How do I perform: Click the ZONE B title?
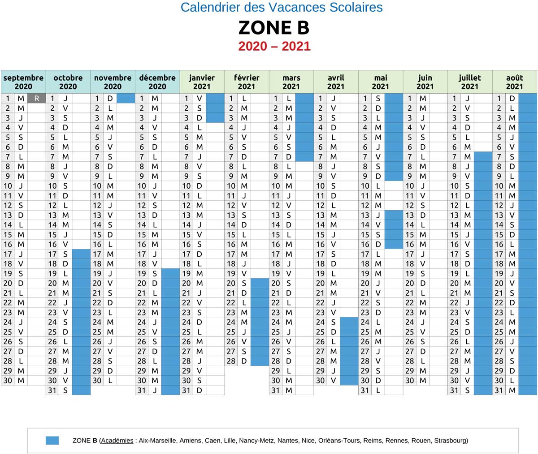pos(273,28)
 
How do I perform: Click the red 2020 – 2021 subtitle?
pos(274,46)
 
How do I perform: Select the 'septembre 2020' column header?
pos(23,82)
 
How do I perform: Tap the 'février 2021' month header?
pos(247,82)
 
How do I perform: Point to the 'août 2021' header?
pos(514,82)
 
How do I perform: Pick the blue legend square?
pos(52,441)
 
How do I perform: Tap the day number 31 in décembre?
pos(142,390)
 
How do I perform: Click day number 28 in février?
pos(231,361)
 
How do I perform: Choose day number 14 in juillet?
pos(454,225)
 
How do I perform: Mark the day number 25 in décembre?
pos(142,332)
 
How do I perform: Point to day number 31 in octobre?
pos(52,390)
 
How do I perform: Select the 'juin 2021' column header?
pos(425,82)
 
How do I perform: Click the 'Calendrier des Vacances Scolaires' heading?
pos(282,7)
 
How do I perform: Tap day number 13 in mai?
pos(365,215)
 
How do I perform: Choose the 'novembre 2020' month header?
pos(113,82)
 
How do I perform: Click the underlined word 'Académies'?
pos(117,441)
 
